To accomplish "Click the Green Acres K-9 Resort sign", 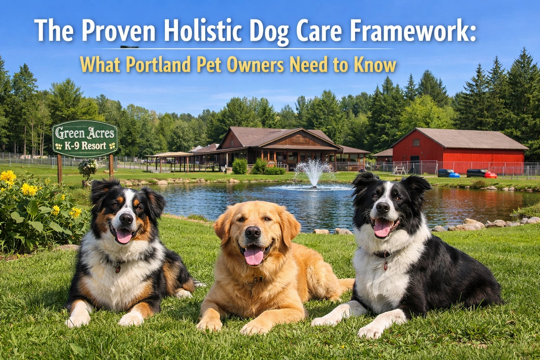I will [85, 138].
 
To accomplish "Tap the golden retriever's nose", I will [252, 232].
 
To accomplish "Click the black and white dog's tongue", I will [382, 228].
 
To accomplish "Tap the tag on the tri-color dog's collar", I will [118, 269].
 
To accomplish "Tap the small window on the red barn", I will [416, 143].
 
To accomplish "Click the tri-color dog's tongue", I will [124, 236].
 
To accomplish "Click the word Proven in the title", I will [119, 31].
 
